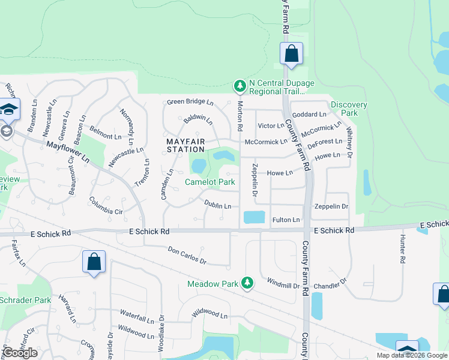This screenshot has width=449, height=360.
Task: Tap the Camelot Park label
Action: [209, 182]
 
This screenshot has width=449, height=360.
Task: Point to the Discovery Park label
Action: [348, 109]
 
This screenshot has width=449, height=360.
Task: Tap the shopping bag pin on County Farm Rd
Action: [291, 53]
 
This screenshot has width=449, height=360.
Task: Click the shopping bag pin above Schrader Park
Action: [94, 262]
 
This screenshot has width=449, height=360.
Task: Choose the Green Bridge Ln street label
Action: [190, 102]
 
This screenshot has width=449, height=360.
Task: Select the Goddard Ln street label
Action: [309, 114]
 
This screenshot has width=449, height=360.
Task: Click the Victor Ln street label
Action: [270, 126]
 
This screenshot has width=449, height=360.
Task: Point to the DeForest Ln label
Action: [324, 144]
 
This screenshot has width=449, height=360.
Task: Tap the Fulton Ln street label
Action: [286, 220]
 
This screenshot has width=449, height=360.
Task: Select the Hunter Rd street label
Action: [403, 249]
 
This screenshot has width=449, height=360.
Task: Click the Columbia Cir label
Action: [106, 206]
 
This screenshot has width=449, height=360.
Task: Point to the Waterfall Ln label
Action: [137, 313]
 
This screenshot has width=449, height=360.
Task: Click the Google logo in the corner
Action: [20, 353]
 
